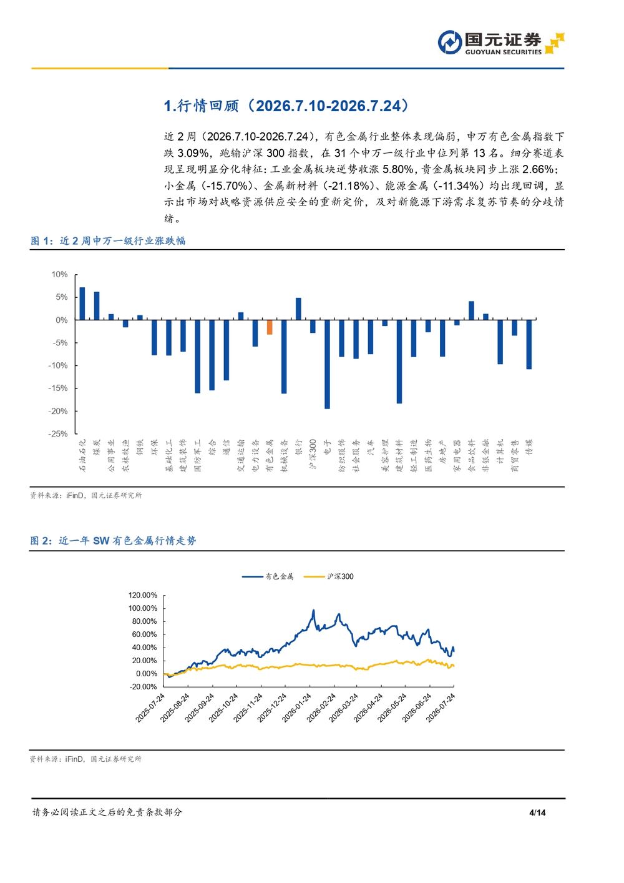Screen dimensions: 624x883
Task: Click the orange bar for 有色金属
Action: [270, 327]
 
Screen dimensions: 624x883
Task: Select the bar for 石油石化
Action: [82, 303]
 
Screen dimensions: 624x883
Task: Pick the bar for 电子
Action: [327, 364]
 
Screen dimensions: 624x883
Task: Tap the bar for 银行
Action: [298, 308]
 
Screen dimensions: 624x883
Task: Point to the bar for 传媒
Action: [529, 344]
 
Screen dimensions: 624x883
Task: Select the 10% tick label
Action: [60, 274]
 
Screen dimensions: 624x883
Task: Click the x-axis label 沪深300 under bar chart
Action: [313, 454]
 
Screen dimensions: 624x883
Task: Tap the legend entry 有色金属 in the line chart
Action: [268, 576]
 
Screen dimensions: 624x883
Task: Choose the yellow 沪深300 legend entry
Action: [329, 576]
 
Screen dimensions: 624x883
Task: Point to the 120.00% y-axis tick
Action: [143, 595]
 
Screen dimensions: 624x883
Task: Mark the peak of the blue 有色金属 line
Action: [314, 610]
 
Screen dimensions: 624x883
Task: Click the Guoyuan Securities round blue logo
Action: [449, 42]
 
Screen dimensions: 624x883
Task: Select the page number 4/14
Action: [537, 812]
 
